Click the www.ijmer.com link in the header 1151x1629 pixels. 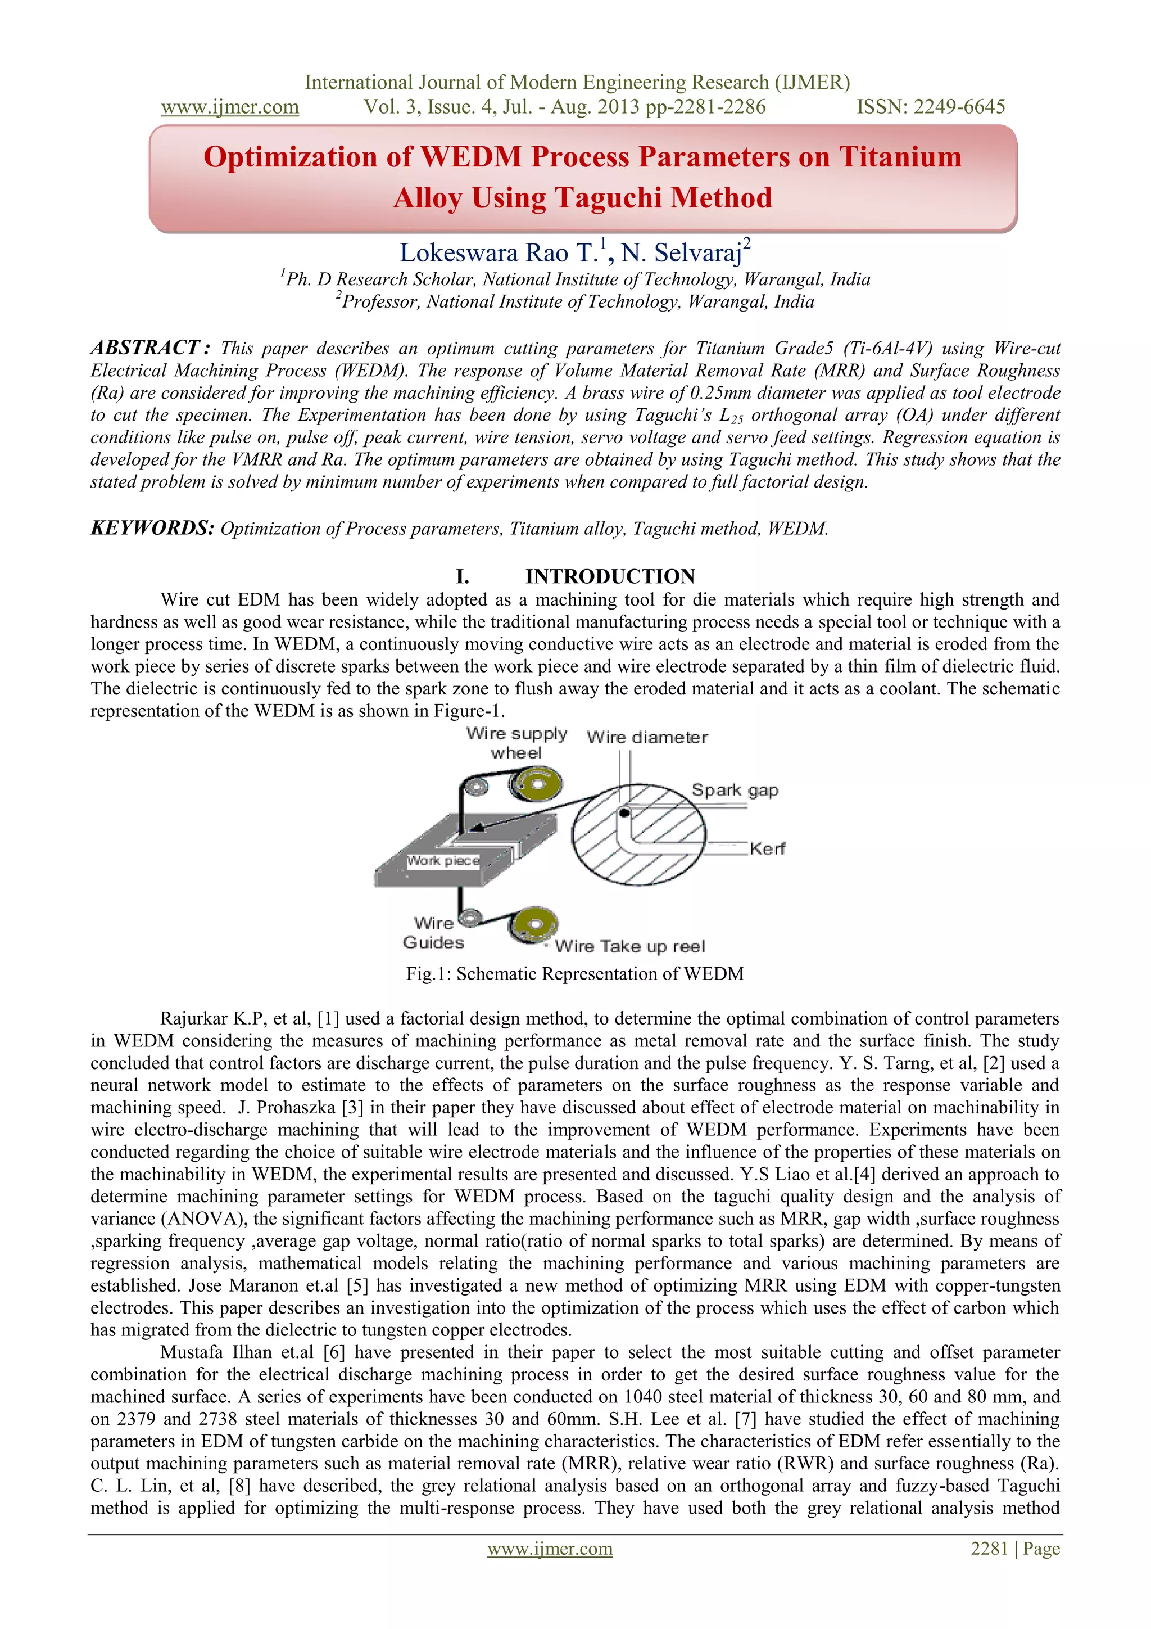pyautogui.click(x=230, y=107)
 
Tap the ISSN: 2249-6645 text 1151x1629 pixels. pyautogui.click(x=931, y=107)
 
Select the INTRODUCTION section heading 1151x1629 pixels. pyautogui.click(x=609, y=576)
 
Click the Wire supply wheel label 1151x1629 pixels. pyautogui.click(x=516, y=743)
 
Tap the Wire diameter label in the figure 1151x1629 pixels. pyautogui.click(x=647, y=737)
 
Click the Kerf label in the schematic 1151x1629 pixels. pyautogui.click(x=767, y=849)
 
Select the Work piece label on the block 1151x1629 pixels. pyautogui.click(x=443, y=861)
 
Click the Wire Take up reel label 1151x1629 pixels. pyautogui.click(x=630, y=946)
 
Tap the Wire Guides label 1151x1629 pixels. pyautogui.click(x=433, y=933)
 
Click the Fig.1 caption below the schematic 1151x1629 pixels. pyautogui.click(x=574, y=973)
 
